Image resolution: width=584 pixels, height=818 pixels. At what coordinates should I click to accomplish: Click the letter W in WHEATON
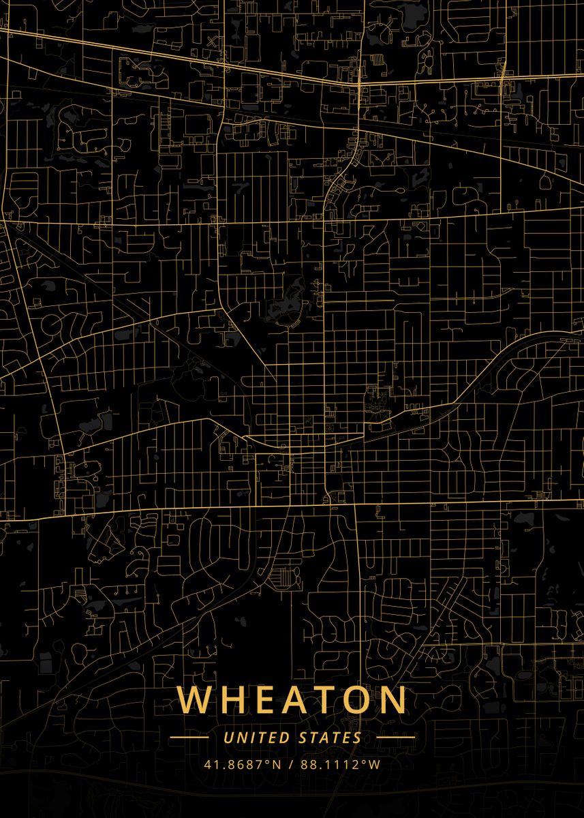click(x=194, y=700)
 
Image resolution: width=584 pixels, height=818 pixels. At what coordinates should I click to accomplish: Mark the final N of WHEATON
click(x=393, y=700)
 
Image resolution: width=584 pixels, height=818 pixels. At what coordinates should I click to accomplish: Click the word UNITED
click(x=256, y=738)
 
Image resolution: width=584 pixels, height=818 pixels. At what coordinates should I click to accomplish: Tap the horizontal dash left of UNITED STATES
click(x=189, y=738)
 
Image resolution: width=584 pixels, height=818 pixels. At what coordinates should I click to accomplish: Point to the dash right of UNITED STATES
click(x=395, y=738)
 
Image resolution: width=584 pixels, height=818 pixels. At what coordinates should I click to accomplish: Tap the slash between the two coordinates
click(x=290, y=764)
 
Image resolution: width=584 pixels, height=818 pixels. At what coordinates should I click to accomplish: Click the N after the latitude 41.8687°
click(x=277, y=764)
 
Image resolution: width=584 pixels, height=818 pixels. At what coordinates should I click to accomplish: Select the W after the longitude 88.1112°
click(x=374, y=764)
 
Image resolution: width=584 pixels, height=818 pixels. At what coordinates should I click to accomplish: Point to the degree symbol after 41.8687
click(x=268, y=761)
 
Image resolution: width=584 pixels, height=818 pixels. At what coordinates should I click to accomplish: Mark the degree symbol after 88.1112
click(x=365, y=761)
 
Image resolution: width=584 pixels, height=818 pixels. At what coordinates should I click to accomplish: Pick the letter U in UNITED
click(x=228, y=738)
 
